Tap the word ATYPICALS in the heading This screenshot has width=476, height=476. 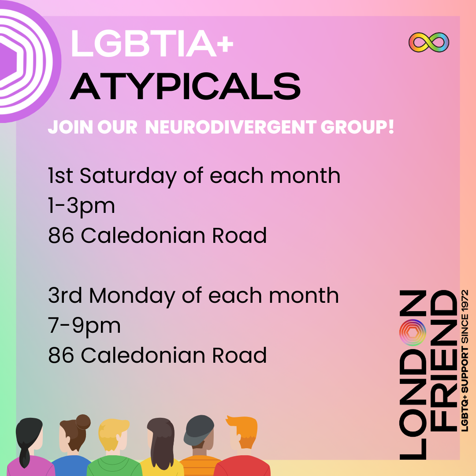pyautogui.click(x=185, y=86)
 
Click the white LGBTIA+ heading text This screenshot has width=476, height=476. pyautogui.click(x=152, y=43)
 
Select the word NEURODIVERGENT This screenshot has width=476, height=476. pyautogui.click(x=231, y=126)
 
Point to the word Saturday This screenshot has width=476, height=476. pyautogui.click(x=128, y=176)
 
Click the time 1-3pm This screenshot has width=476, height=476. pyautogui.click(x=82, y=206)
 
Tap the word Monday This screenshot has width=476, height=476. pyautogui.click(x=132, y=296)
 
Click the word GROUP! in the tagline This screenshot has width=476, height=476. pyautogui.click(x=357, y=126)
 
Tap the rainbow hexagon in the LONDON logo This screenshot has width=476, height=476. pyautogui.click(x=413, y=332)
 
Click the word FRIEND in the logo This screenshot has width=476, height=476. pyautogui.click(x=444, y=361)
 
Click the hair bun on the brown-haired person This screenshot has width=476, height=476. pyautogui.click(x=83, y=422)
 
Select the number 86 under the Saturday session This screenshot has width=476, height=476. pyautogui.click(x=61, y=235)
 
